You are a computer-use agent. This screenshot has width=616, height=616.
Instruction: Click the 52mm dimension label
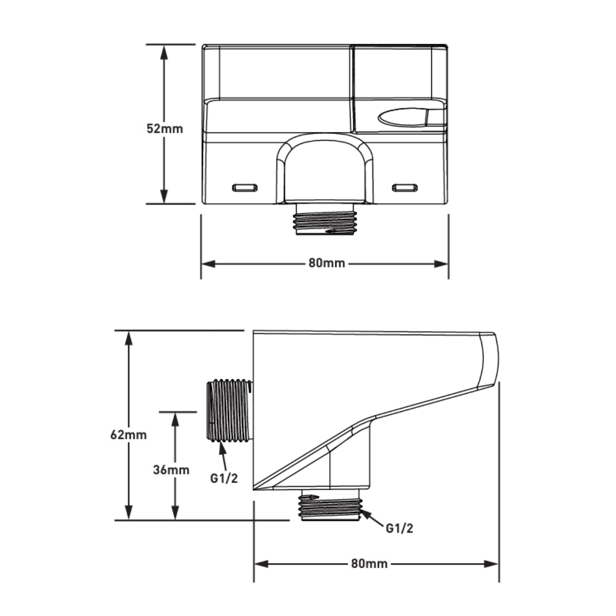(164, 128)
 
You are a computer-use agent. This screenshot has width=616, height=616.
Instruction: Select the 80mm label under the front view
(326, 263)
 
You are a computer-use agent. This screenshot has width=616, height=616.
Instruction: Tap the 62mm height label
(128, 435)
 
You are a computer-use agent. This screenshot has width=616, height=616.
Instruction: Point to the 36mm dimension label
(171, 469)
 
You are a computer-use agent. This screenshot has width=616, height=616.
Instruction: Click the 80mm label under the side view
(369, 564)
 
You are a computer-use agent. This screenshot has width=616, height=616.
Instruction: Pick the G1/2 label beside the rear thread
(224, 478)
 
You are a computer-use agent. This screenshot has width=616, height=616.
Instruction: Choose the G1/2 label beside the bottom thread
(399, 528)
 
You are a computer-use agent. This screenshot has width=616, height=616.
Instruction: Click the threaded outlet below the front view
(325, 219)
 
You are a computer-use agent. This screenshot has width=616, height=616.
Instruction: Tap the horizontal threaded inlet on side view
(228, 410)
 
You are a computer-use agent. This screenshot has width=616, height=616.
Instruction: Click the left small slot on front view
(245, 187)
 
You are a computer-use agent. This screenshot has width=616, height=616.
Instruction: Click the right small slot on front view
(405, 187)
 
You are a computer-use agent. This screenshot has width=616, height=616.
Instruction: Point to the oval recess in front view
(403, 118)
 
